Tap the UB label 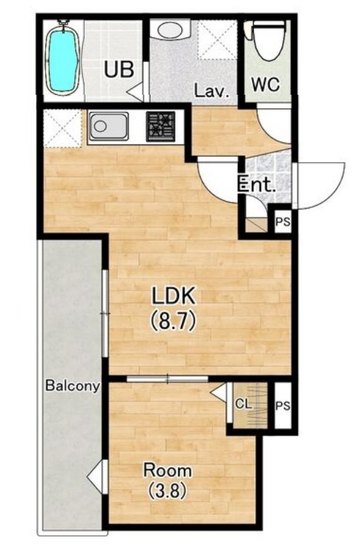tap(119, 69)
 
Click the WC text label tap(265, 84)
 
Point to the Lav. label tap(212, 91)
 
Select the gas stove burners tap(161, 126)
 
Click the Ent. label tap(257, 185)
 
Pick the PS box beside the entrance tap(283, 221)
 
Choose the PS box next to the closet tap(283, 405)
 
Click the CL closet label tap(243, 404)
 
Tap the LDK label tap(173, 296)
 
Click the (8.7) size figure tap(173, 321)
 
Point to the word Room tap(167, 471)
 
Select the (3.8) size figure tap(168, 491)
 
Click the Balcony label tap(72, 386)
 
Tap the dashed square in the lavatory tap(218, 39)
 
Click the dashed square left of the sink tap(63, 129)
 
